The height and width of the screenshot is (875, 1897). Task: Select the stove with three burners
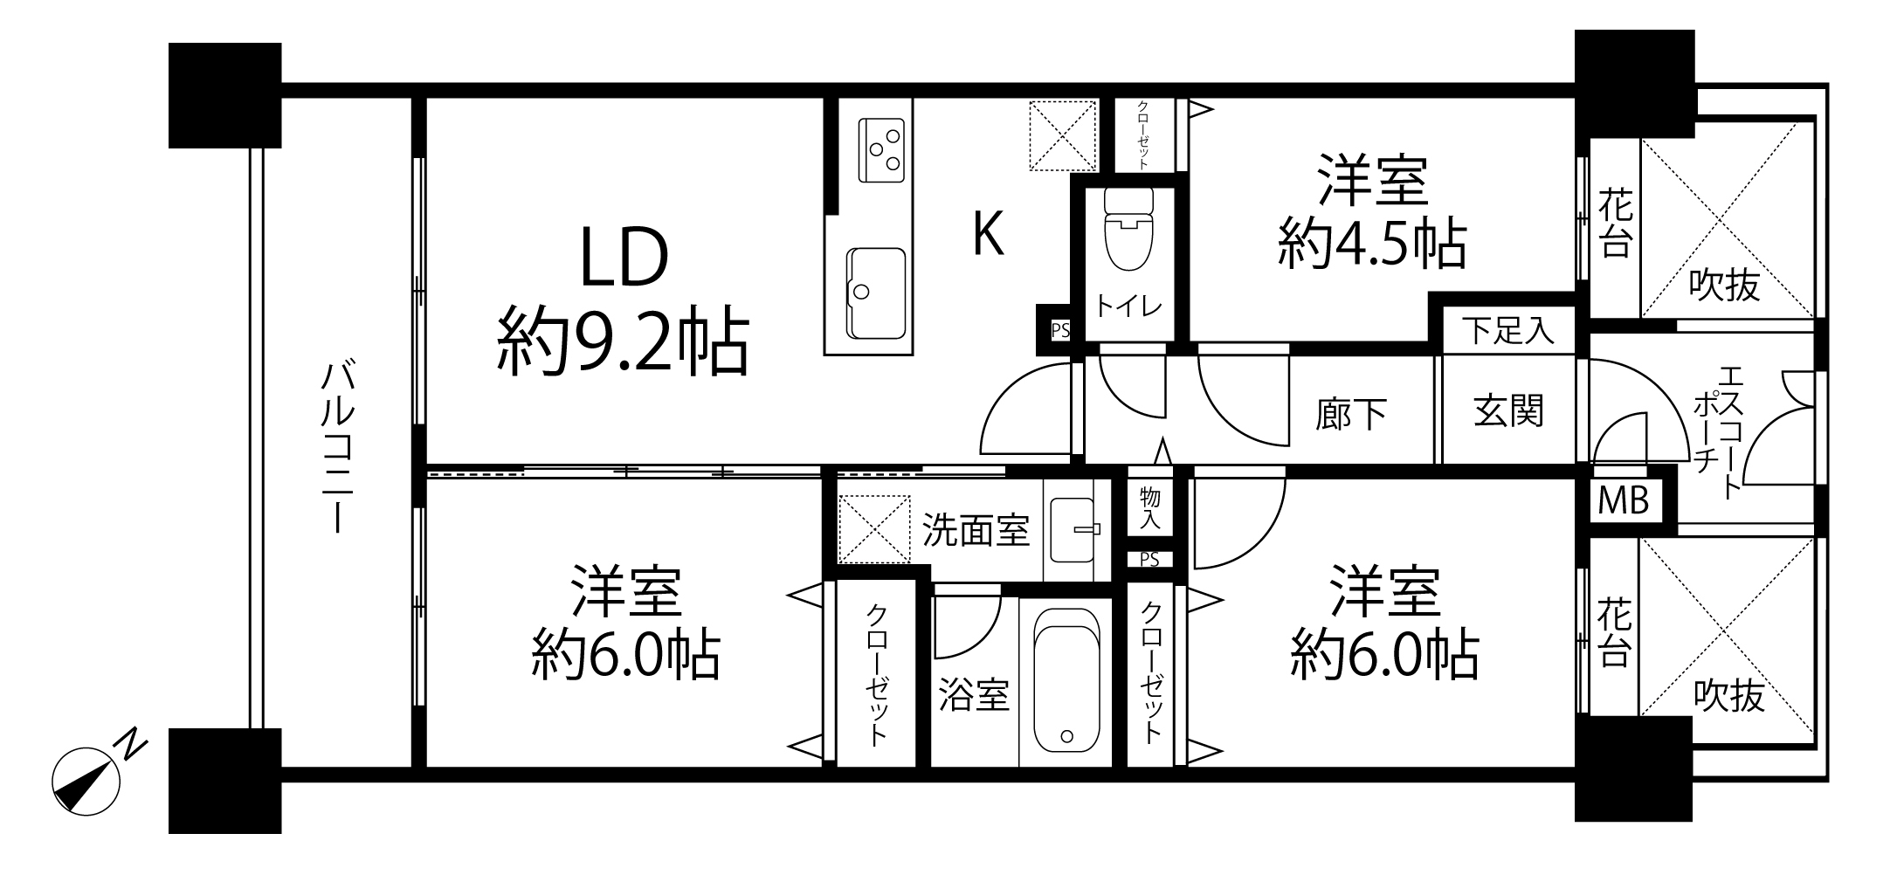point(882,150)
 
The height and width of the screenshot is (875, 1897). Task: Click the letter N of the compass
point(131,743)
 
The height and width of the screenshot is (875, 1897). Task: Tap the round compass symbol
point(86,782)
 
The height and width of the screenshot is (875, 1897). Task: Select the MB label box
point(1624,501)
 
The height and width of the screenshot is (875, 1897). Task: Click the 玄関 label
point(1508,411)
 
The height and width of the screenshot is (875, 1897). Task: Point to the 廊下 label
point(1351,415)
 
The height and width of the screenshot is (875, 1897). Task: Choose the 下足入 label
point(1508,331)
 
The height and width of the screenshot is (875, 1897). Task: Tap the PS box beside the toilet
point(1059,331)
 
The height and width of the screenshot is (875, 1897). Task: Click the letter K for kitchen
point(988,235)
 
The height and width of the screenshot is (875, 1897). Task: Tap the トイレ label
point(1128,307)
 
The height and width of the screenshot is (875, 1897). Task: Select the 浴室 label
point(974,694)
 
